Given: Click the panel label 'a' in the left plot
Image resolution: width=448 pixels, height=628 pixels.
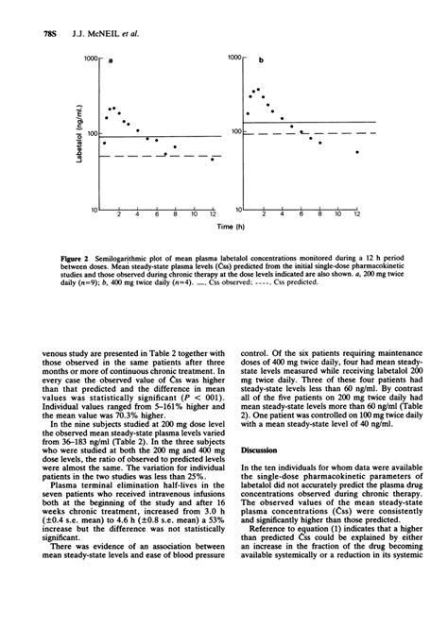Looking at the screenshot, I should click(x=110, y=62).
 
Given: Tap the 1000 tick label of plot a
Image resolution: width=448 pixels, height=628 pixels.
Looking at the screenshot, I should click(x=92, y=59).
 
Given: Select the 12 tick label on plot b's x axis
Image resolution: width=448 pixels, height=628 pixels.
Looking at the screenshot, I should click(x=356, y=215).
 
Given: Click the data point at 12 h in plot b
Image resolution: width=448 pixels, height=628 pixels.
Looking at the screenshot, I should click(x=356, y=151).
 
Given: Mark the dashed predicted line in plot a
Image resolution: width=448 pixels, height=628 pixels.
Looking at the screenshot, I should click(x=161, y=155).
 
